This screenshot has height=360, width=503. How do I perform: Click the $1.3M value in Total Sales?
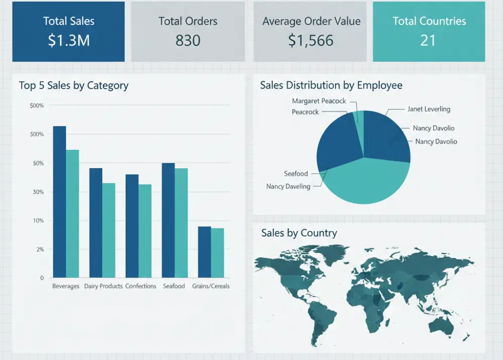tap(68, 40)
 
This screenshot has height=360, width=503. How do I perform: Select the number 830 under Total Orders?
tap(188, 40)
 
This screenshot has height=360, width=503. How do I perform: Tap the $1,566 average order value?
tap(311, 40)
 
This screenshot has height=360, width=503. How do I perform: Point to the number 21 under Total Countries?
tap(428, 40)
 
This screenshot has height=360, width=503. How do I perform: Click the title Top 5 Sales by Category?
tap(73, 86)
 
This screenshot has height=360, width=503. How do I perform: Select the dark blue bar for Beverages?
tap(59, 201)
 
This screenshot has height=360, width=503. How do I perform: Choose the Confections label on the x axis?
tap(141, 286)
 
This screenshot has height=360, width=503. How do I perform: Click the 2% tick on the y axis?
tap(40, 249)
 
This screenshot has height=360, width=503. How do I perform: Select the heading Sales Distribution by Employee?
tap(331, 85)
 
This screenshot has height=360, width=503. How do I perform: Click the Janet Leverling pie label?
tap(429, 109)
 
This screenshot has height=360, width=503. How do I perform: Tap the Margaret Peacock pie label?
tap(319, 101)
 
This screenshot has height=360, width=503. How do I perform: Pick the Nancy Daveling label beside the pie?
tap(288, 186)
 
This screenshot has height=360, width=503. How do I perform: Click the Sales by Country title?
tap(299, 233)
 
